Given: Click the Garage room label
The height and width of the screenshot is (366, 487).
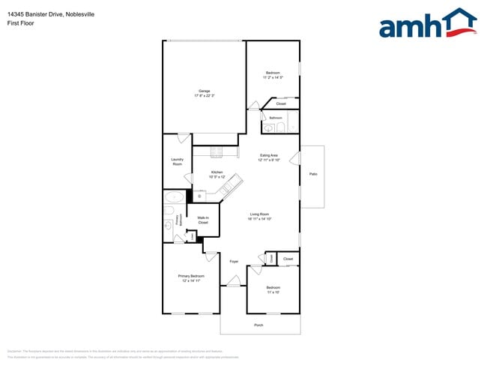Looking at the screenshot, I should pos(205,93).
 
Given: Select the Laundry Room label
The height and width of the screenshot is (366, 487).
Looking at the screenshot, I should pos(177,161).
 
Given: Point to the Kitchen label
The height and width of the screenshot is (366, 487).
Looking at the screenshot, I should pos(196,174).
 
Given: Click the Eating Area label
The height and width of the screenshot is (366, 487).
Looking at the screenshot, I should pos(268,157).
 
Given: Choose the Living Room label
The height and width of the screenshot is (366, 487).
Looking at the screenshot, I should pos(260,216).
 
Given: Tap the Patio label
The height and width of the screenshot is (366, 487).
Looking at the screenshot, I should pos(312,174).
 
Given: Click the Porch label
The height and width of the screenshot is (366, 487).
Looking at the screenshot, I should pos(259,325).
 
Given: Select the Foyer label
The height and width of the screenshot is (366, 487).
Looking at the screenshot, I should pos(234,261).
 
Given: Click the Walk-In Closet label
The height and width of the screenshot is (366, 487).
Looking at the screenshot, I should pos(203,220).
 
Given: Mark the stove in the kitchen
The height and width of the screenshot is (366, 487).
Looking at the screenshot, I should pos(217,151).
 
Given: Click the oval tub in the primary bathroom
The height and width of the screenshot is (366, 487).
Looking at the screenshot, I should pos(175,199).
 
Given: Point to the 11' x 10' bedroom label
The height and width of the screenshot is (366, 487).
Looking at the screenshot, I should pos(273,290).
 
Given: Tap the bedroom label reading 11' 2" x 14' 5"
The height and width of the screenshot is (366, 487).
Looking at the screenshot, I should pos(273,75).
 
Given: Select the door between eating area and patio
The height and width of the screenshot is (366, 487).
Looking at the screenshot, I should pos(294,158).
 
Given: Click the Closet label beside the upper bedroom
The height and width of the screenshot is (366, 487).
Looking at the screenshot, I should pos(281,103).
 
